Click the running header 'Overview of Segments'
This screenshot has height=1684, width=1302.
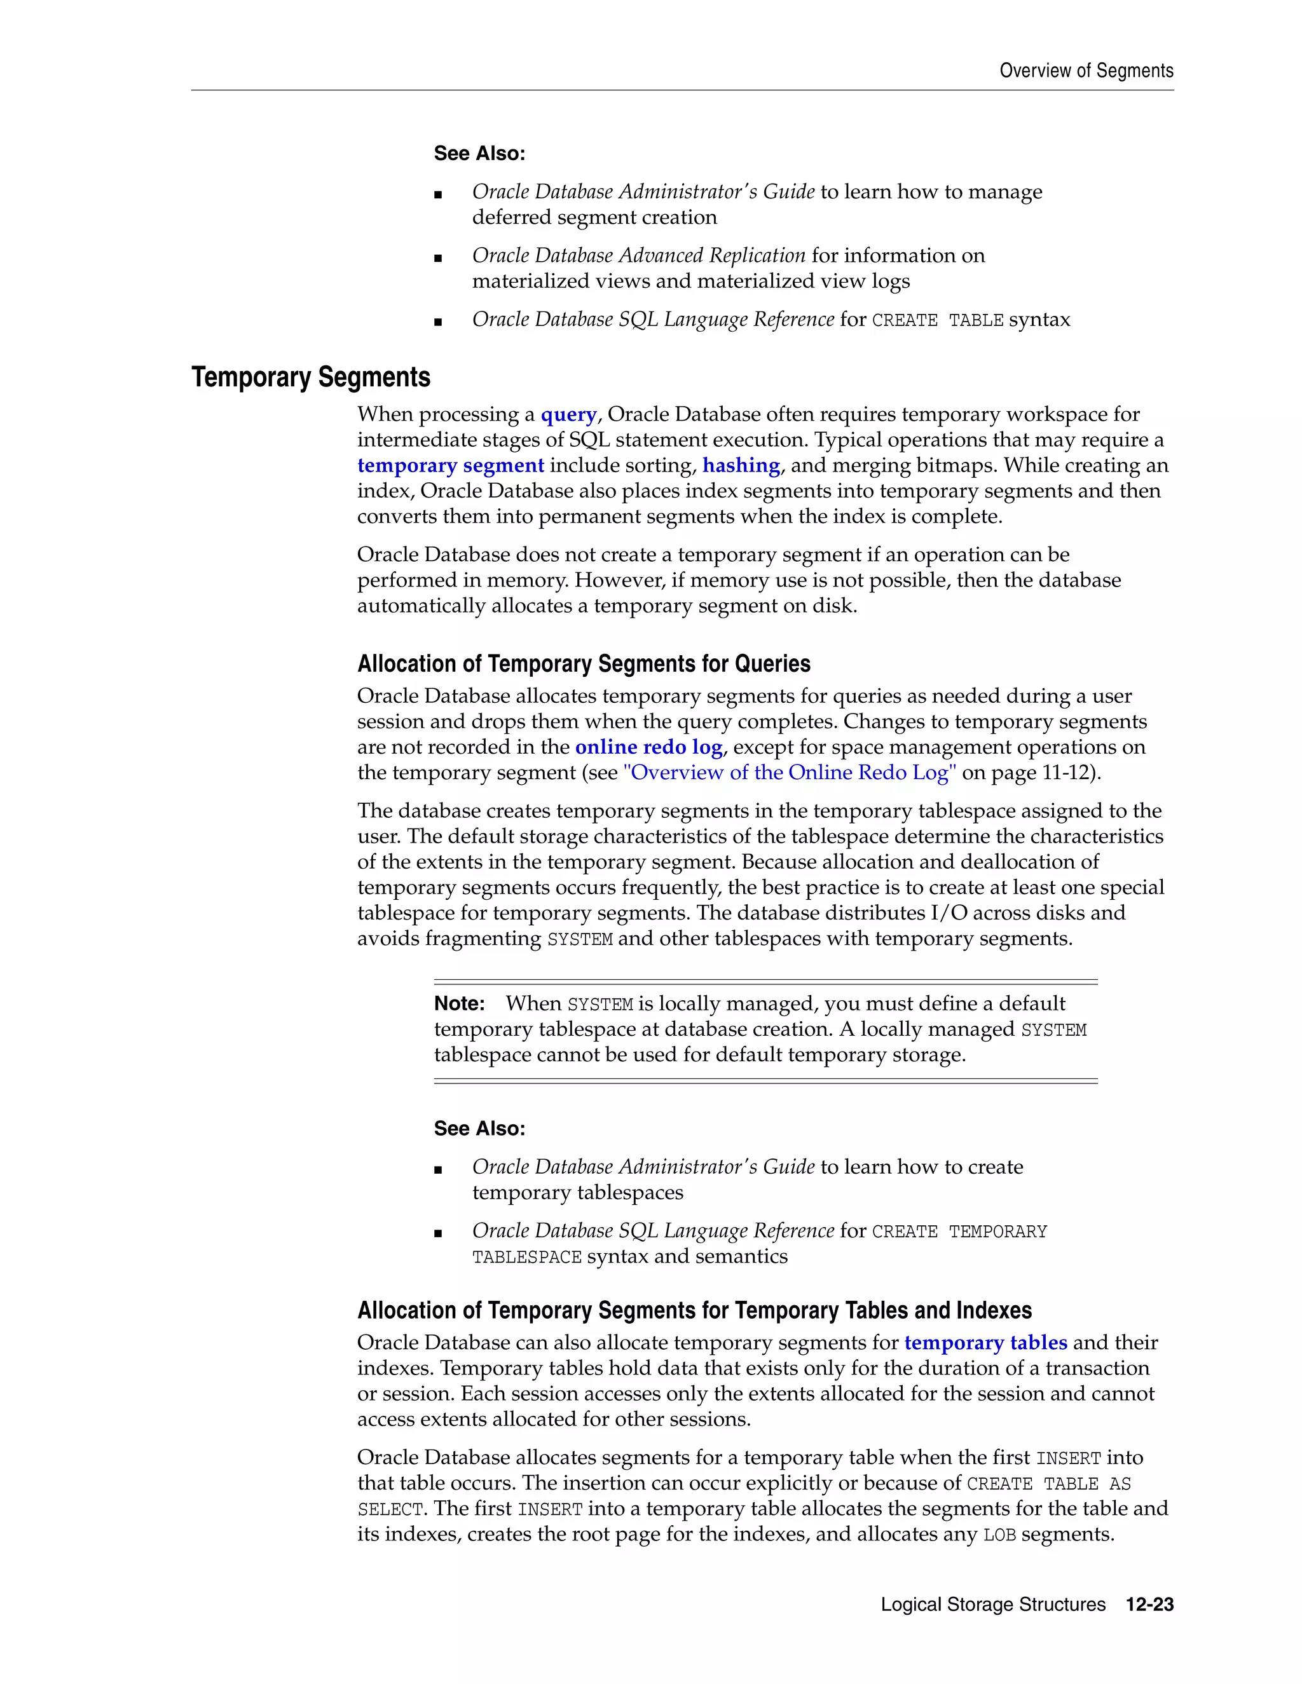(x=1085, y=71)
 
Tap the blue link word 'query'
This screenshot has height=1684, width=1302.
(x=568, y=415)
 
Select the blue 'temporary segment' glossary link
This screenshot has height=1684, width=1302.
(x=451, y=466)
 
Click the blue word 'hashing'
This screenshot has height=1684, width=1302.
(x=741, y=466)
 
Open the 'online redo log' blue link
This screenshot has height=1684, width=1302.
(x=648, y=747)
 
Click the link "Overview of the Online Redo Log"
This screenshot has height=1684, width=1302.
(x=789, y=773)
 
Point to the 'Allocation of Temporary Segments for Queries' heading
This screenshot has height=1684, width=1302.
(x=583, y=664)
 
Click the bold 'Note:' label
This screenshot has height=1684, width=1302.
(x=459, y=1004)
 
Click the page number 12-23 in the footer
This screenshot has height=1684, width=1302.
(x=1149, y=1605)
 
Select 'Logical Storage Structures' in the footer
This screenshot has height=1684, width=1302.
(x=992, y=1605)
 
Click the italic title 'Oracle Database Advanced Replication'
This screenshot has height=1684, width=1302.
(x=639, y=256)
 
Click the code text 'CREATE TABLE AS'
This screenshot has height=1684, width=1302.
(x=1048, y=1484)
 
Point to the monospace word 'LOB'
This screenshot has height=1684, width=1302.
(x=999, y=1535)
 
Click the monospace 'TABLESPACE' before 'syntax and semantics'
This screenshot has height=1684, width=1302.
(x=527, y=1258)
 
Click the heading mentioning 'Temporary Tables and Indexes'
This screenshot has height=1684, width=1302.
(x=694, y=1311)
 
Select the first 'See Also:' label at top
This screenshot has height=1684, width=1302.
(x=479, y=153)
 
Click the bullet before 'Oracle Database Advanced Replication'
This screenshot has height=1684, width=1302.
(x=438, y=257)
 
